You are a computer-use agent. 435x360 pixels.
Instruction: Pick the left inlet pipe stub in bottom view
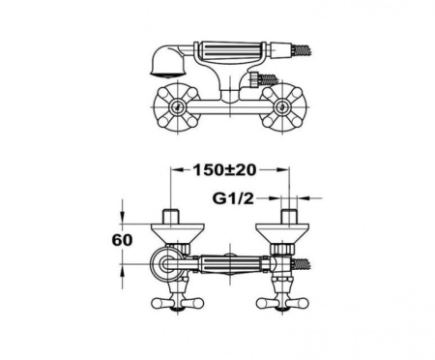click(172, 214)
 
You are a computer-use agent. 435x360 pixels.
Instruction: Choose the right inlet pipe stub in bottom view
click(289, 214)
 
